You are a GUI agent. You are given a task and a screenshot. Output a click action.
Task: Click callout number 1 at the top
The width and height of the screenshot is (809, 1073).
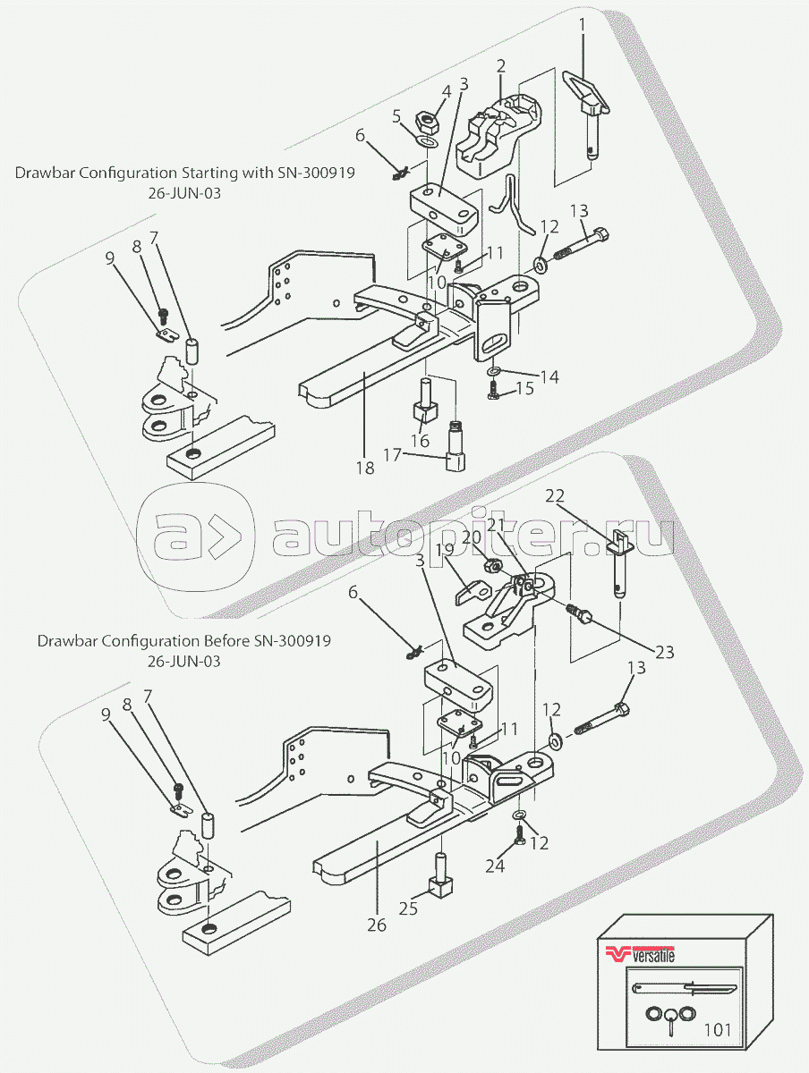[582, 25]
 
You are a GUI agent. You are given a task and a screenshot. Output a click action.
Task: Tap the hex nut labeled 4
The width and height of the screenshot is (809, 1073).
[427, 123]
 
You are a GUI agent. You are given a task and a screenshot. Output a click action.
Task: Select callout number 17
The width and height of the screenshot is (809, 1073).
[392, 455]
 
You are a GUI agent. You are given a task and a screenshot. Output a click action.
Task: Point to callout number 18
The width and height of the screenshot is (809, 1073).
[365, 468]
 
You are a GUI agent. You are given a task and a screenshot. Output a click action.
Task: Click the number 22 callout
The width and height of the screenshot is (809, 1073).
[555, 495]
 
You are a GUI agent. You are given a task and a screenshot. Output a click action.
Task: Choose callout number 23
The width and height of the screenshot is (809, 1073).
[664, 652]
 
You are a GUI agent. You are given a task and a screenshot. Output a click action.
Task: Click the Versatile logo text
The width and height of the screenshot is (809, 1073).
[653, 955]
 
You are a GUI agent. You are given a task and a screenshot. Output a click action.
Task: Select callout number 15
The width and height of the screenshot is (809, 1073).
[524, 388]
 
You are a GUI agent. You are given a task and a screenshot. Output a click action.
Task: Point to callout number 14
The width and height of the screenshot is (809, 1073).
[549, 376]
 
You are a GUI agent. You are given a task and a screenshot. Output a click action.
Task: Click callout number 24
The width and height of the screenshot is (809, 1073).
[495, 866]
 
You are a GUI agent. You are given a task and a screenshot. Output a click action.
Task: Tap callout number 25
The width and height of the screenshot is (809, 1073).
[408, 908]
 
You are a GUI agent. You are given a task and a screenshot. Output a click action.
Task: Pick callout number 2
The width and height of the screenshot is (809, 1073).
[501, 65]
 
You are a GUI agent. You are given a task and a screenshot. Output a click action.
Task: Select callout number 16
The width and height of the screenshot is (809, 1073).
[420, 441]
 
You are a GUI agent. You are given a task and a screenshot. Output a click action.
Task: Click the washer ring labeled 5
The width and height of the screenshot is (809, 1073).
[428, 142]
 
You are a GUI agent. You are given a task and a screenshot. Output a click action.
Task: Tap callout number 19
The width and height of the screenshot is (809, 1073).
[445, 550]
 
